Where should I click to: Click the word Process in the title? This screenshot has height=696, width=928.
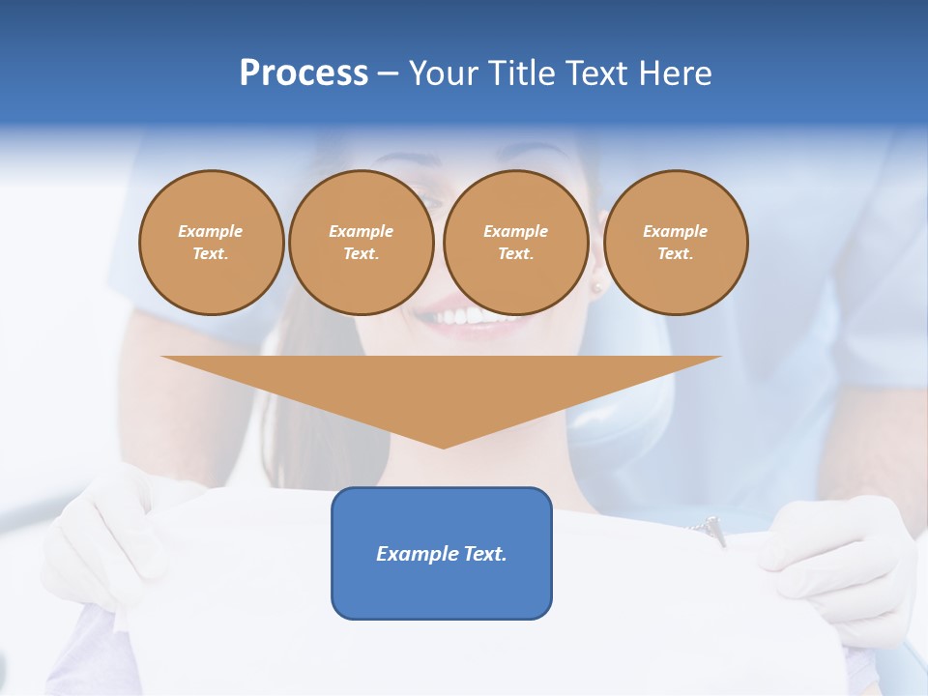304,73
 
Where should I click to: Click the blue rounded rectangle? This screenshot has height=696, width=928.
442,590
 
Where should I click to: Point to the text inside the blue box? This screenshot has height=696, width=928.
442,554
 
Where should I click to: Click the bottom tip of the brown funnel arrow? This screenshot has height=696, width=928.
443,447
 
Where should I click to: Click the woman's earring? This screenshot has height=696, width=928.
596,287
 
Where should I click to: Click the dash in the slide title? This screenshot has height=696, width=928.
388,73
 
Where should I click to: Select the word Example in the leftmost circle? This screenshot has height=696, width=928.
211,231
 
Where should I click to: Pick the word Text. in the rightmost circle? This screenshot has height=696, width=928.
676,253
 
